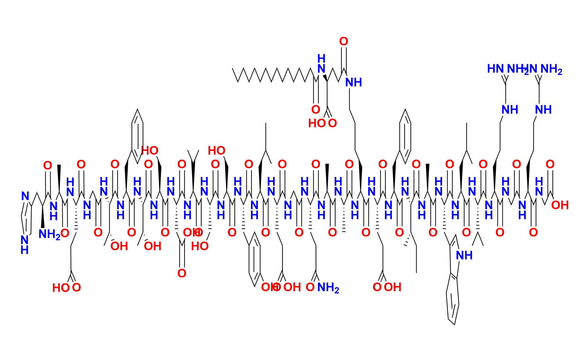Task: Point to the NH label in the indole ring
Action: [464, 255]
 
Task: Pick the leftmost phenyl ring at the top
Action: [137, 136]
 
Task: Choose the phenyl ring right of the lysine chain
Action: [405, 136]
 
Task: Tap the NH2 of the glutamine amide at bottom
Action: [328, 287]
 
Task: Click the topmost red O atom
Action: [343, 42]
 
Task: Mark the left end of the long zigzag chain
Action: [233, 69]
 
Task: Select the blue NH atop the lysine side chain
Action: [353, 83]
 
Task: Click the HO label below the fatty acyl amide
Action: [317, 124]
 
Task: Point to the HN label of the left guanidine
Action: [495, 69]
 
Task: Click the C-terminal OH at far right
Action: [560, 205]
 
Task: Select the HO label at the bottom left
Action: [61, 288]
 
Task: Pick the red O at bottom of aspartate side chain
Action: [182, 273]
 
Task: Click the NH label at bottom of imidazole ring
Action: [25, 244]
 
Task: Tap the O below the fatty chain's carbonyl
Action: [316, 110]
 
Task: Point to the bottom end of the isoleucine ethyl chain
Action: [416, 272]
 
